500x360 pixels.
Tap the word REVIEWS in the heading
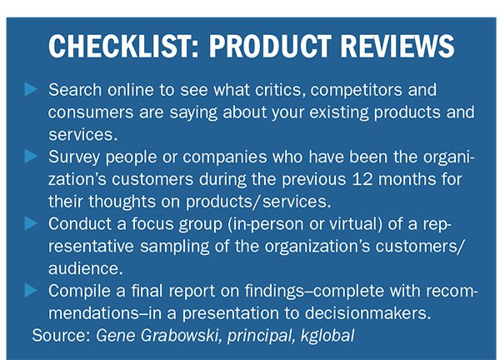pos(397,46)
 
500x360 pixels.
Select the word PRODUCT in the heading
pos(270,46)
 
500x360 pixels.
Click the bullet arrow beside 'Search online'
pos(31,89)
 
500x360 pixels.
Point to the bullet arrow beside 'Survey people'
pos(31,156)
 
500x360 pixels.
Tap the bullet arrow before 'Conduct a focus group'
pos(31,223)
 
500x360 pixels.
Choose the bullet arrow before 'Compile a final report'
pos(31,290)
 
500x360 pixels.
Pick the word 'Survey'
pos(74,157)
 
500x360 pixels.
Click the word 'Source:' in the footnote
pos(61,336)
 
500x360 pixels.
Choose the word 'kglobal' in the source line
pos(327,336)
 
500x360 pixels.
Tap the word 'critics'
pos(278,90)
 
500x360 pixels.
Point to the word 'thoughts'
pos(122,202)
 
